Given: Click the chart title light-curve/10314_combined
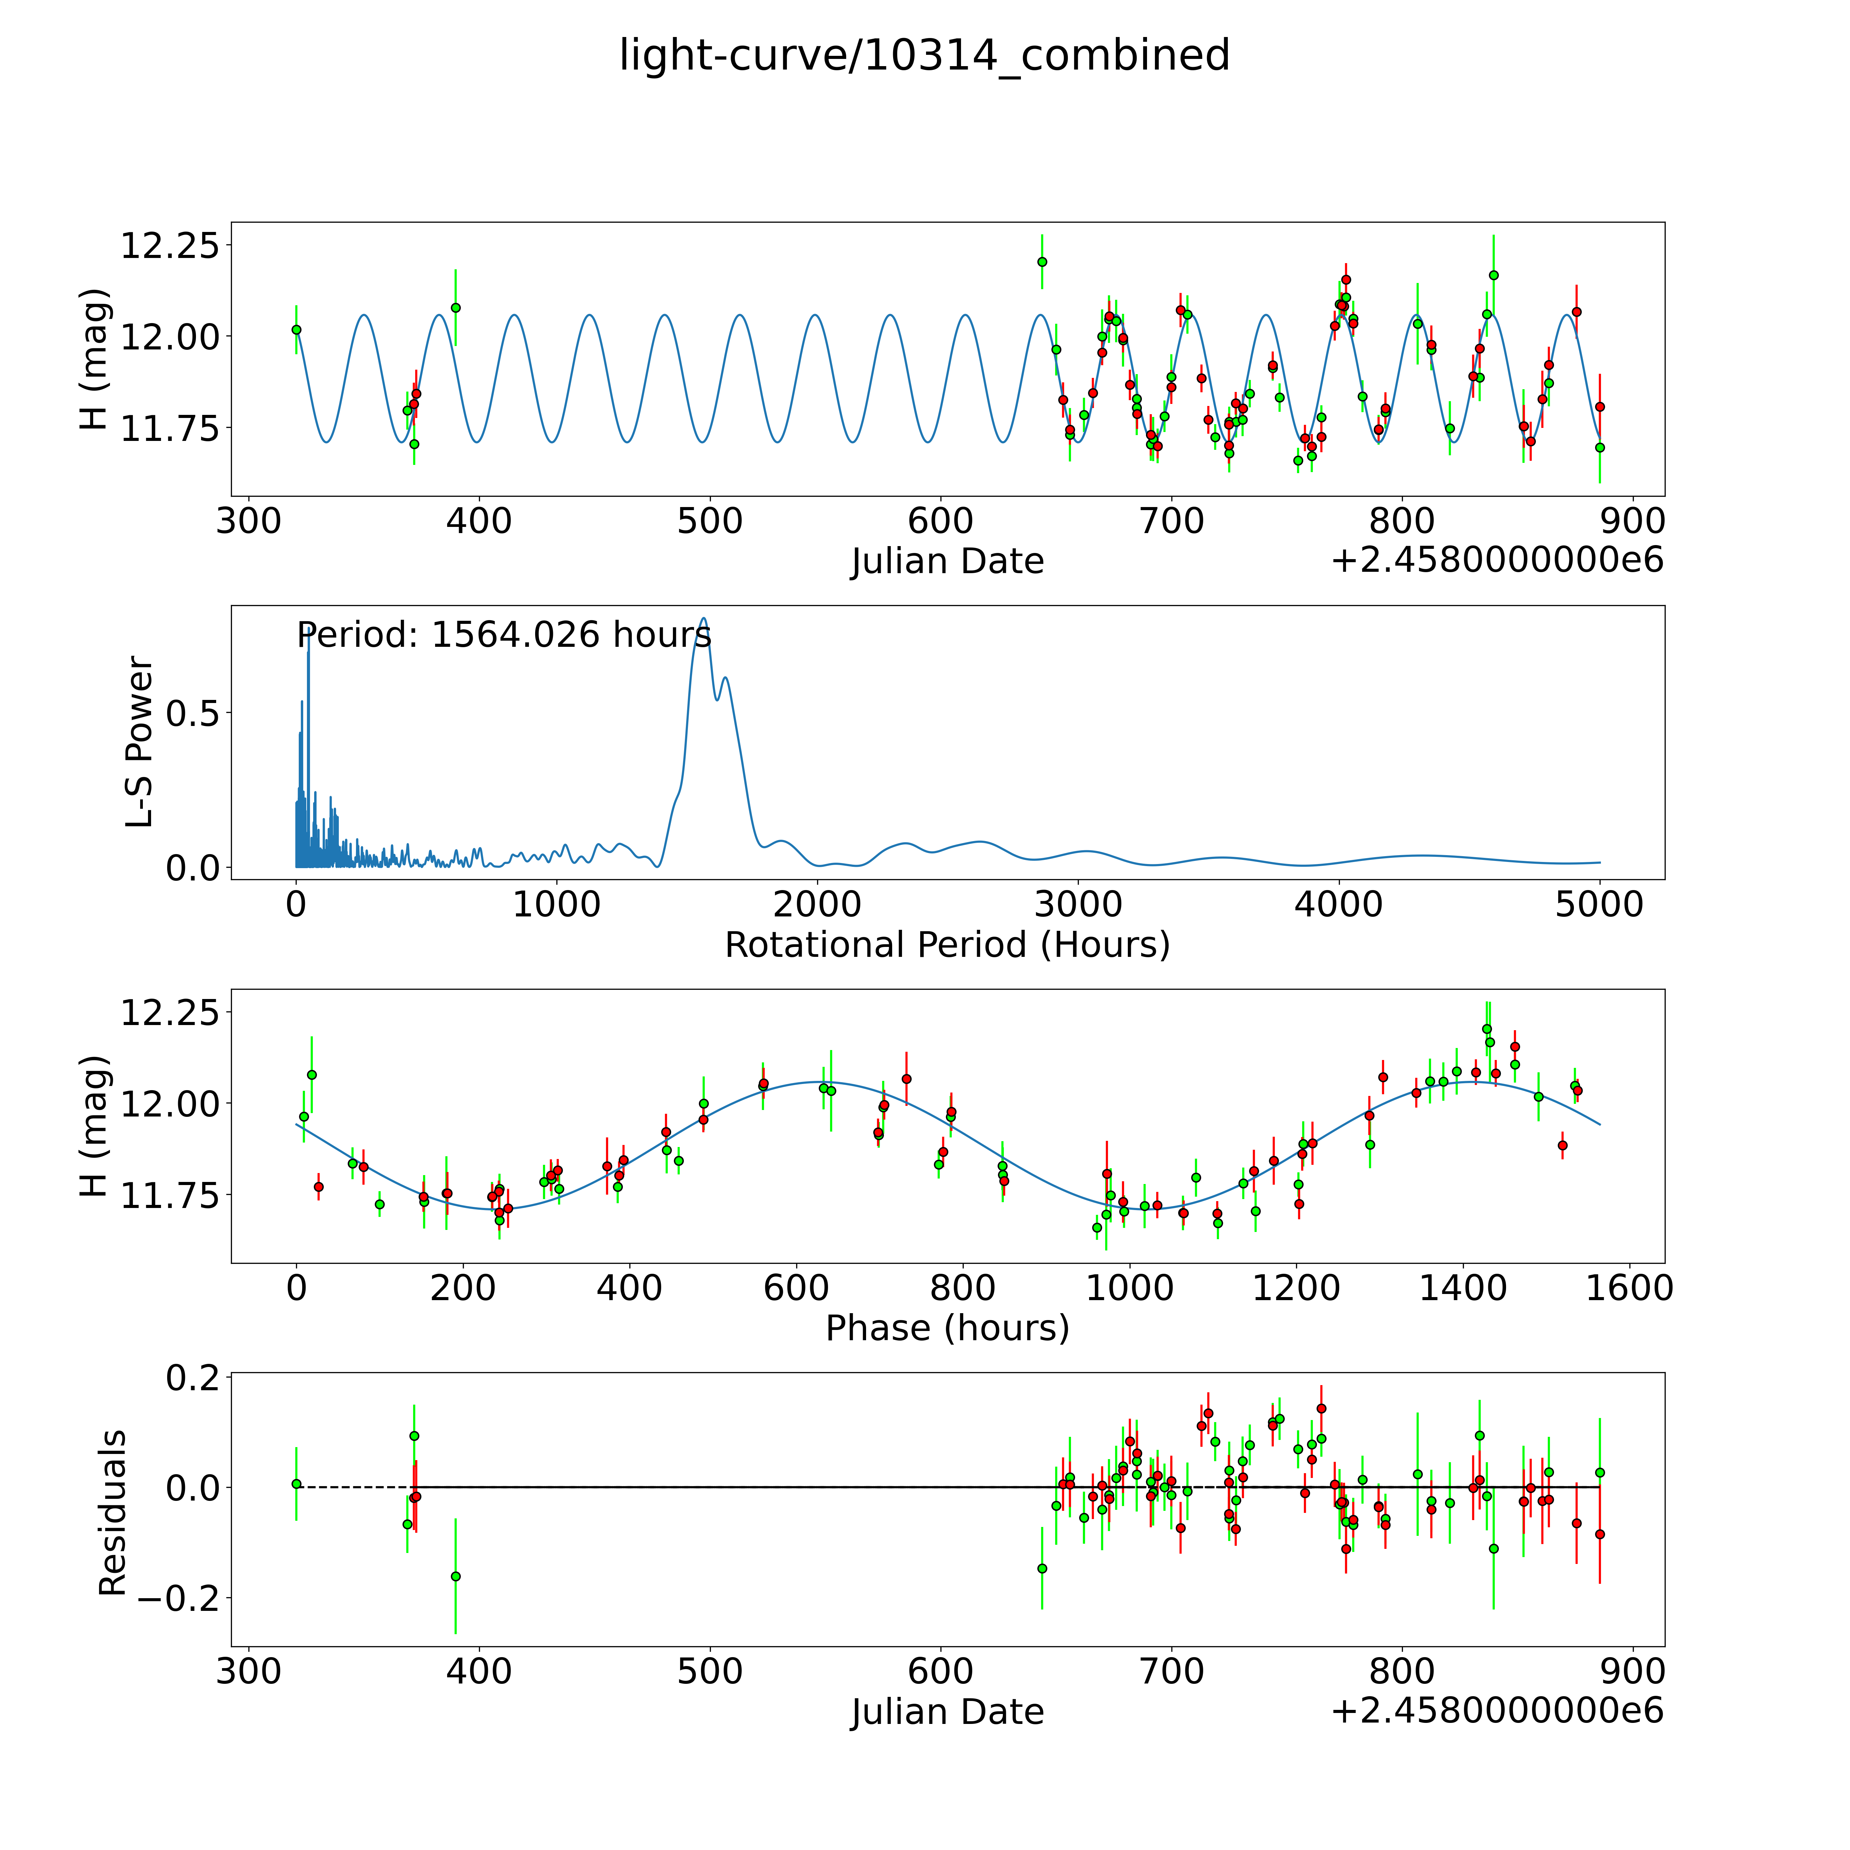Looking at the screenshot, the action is [x=924, y=56].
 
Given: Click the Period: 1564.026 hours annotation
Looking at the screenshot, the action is [x=504, y=635].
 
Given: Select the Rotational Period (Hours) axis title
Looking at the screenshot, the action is [x=947, y=945].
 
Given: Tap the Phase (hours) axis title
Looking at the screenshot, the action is [x=947, y=1328].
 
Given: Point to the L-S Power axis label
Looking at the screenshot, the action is [x=140, y=742].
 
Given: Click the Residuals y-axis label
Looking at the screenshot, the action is [x=113, y=1513].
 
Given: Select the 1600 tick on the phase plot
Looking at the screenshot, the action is [x=1629, y=1288].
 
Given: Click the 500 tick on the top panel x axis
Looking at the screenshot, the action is [x=710, y=522].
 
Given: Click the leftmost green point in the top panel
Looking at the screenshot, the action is [x=297, y=329].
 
